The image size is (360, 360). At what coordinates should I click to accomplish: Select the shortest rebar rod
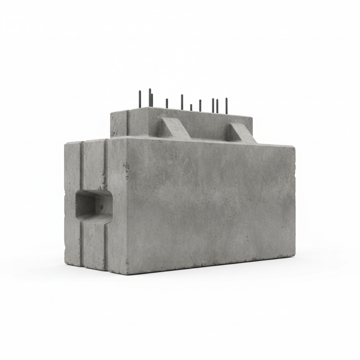(x=191, y=107)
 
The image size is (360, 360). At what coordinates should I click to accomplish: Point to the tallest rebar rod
(x=150, y=97)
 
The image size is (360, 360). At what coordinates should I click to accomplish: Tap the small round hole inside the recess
(x=101, y=207)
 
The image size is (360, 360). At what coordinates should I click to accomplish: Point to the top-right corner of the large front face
(x=295, y=147)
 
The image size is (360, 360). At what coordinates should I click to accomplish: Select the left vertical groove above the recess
(x=81, y=166)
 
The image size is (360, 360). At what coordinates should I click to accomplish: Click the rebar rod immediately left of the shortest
(x=182, y=102)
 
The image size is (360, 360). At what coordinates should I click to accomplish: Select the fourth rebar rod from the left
(x=167, y=103)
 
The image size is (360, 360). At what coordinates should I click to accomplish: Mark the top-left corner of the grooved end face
(x=65, y=144)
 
